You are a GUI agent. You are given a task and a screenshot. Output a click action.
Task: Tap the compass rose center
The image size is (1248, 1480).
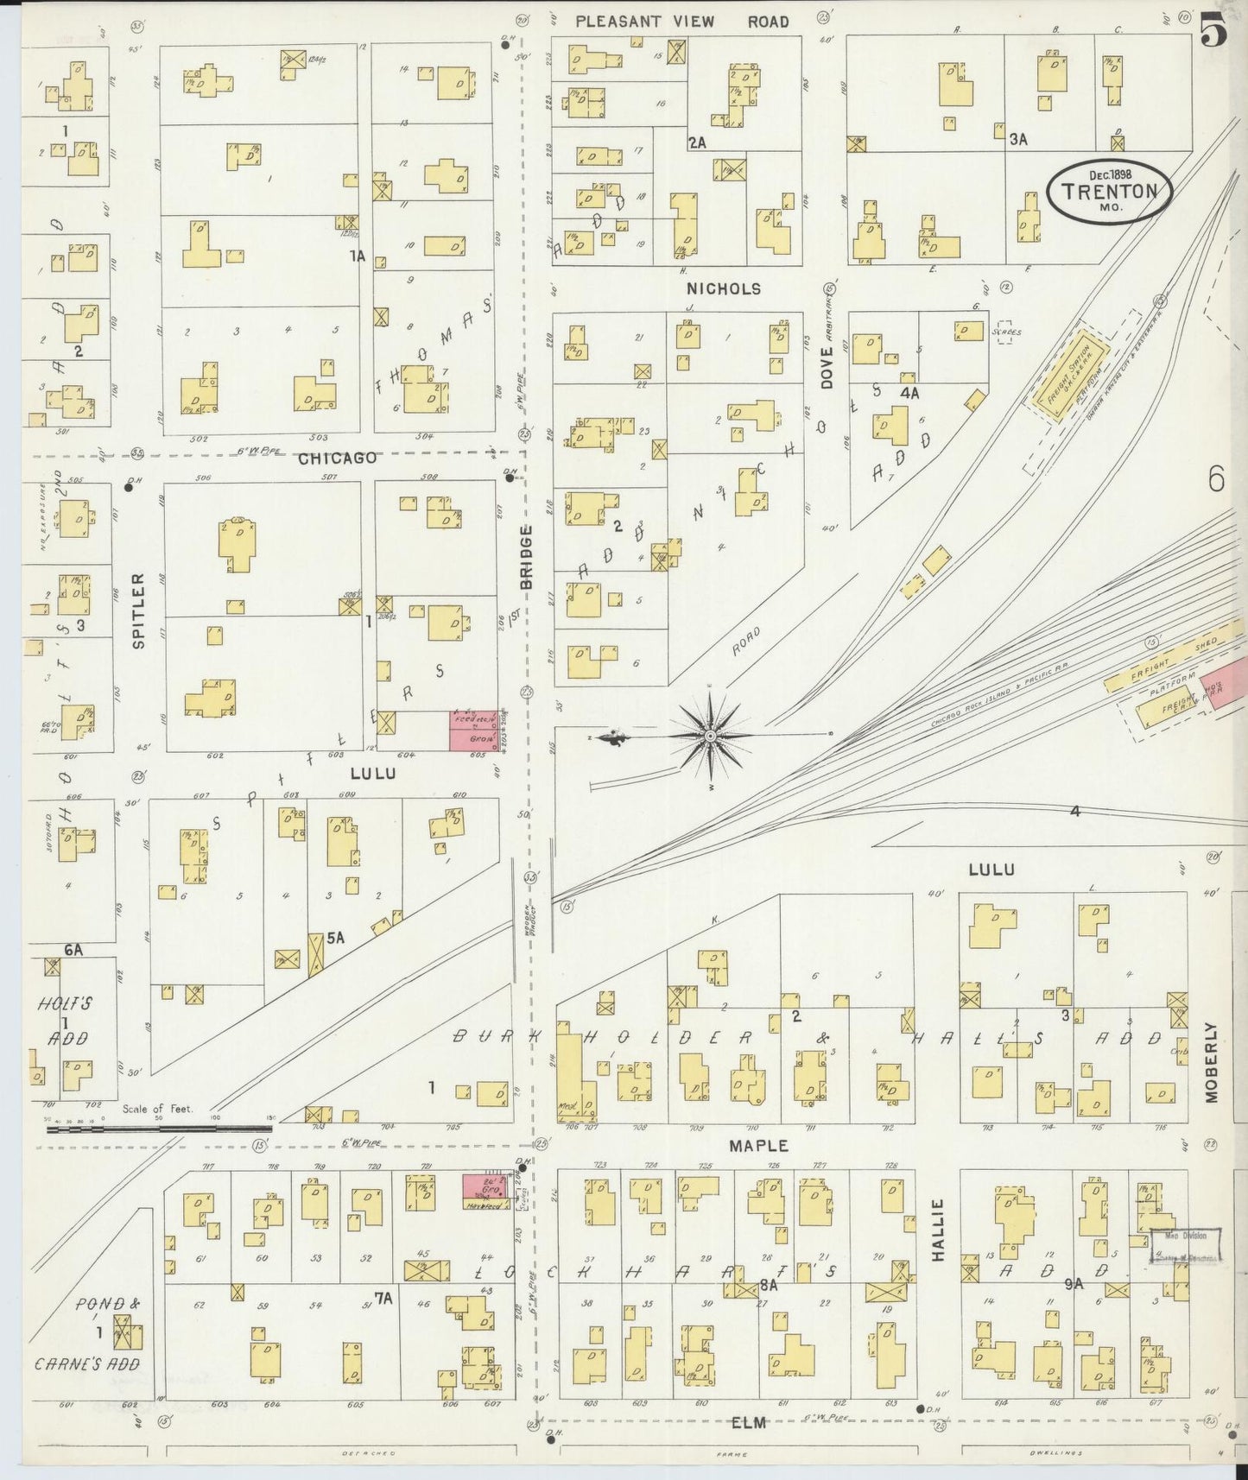[710, 736]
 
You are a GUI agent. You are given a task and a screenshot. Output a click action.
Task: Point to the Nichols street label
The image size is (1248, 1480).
[724, 288]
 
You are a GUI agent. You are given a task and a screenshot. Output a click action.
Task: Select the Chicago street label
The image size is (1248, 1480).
[337, 458]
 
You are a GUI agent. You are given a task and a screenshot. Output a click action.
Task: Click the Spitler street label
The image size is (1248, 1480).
[137, 598]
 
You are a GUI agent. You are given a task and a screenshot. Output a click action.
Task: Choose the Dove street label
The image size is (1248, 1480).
[827, 367]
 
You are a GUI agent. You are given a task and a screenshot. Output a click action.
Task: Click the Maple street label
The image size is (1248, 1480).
[758, 1146]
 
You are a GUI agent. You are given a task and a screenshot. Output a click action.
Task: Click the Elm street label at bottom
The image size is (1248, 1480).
[749, 1422]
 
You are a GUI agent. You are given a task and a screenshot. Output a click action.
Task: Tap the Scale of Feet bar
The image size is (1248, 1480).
[160, 1127]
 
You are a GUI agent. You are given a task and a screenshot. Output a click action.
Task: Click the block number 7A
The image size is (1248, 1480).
[383, 1297]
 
